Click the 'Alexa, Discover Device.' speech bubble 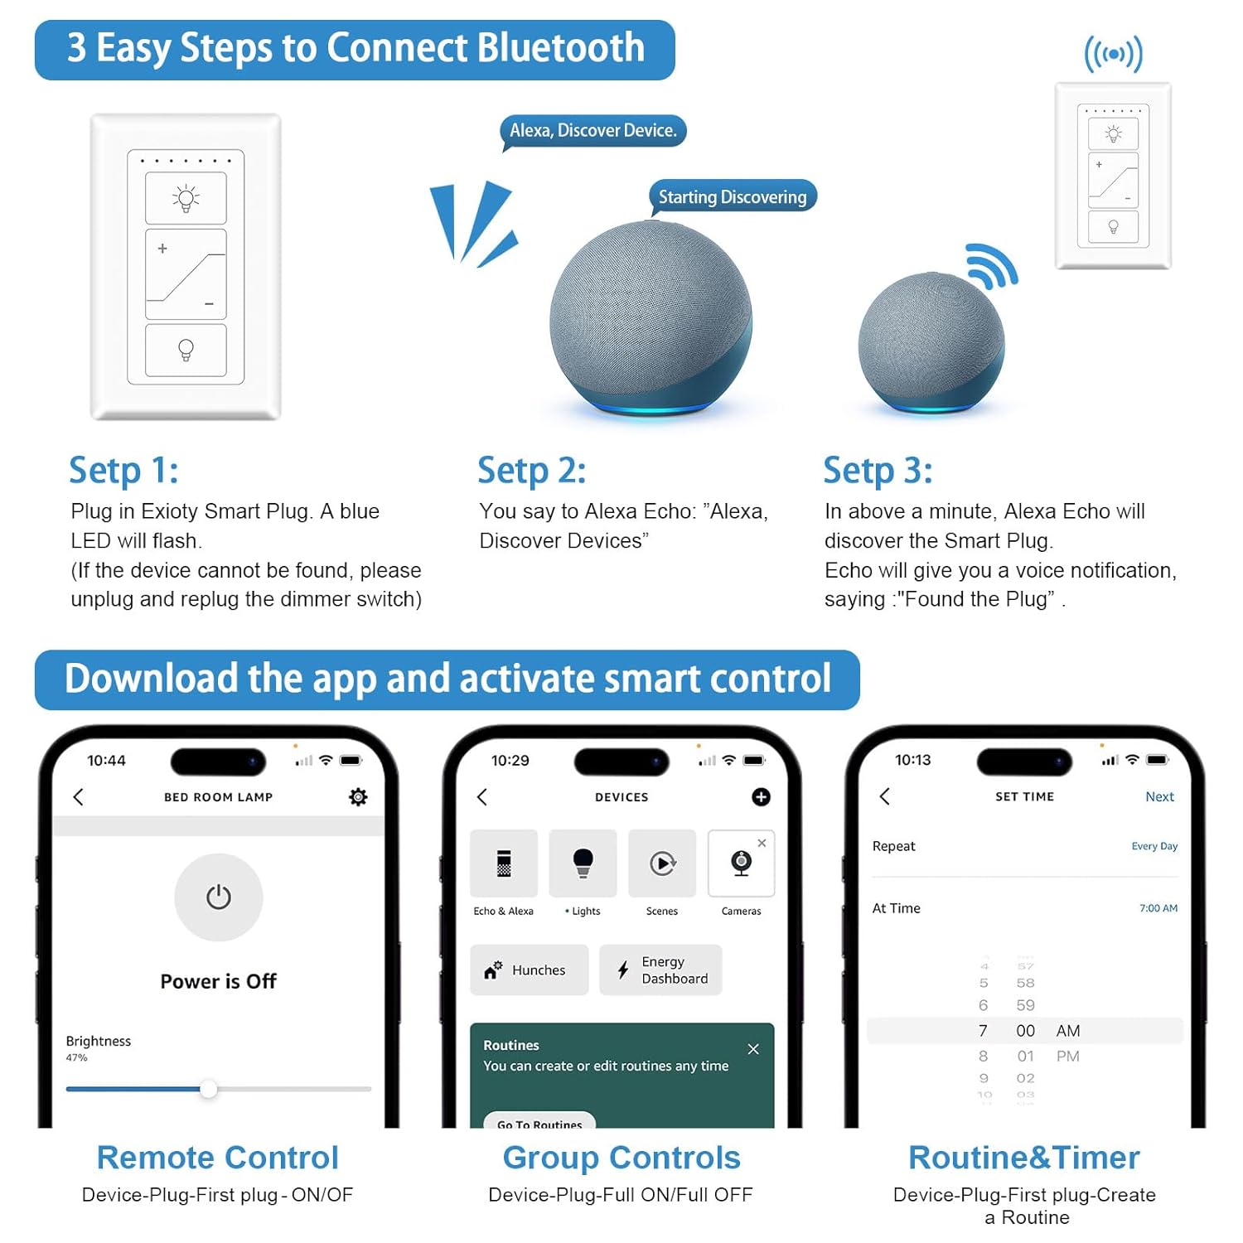[592, 131]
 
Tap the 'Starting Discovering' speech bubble [733, 197]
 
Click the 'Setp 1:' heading [123, 471]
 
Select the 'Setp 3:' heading [878, 471]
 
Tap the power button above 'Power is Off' [219, 897]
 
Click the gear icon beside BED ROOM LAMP [358, 797]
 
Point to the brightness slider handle [209, 1089]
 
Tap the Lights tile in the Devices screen [583, 863]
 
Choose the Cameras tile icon [742, 863]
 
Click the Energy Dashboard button [660, 970]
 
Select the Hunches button [530, 970]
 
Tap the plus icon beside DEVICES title [761, 797]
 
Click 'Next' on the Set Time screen [1159, 796]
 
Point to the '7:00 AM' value [1158, 908]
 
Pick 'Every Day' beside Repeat [1154, 846]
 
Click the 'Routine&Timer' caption [1024, 1158]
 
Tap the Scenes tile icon [662, 863]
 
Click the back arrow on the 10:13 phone [885, 796]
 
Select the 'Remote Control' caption [218, 1158]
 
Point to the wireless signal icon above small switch [1114, 55]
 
